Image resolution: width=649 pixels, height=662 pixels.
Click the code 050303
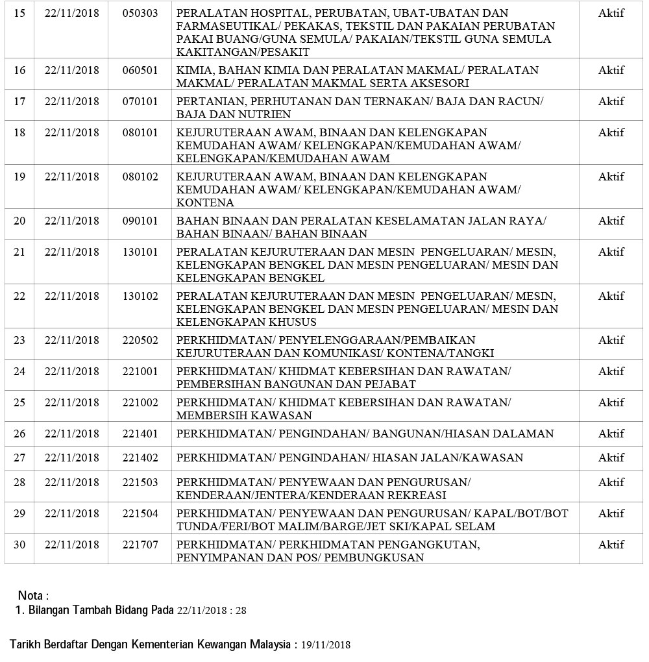140,13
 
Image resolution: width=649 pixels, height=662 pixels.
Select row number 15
19,13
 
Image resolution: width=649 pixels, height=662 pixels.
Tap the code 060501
140,70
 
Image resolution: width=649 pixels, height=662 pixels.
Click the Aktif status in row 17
611,101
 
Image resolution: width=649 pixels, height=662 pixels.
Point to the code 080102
140,177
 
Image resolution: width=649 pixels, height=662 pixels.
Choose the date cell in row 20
72,221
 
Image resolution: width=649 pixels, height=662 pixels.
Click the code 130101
140,252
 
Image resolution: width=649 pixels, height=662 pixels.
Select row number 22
19,296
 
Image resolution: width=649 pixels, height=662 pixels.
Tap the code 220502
140,340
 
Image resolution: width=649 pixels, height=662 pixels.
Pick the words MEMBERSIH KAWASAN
244,415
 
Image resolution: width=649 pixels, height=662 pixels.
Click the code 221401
140,434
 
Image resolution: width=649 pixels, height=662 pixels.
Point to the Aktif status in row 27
611,458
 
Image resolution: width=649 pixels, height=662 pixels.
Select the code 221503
140,482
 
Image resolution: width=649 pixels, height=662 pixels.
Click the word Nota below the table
31,595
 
